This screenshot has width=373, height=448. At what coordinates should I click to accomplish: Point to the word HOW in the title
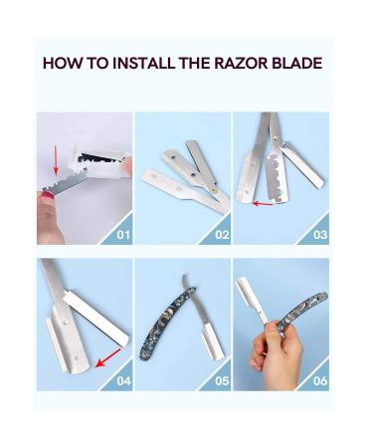(x=61, y=64)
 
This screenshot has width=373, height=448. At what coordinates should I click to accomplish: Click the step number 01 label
(x=122, y=236)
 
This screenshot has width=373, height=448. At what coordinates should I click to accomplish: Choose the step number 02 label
(x=220, y=236)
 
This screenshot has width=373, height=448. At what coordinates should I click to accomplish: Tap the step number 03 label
(x=318, y=236)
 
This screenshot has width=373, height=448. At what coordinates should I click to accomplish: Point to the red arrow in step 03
(x=263, y=203)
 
